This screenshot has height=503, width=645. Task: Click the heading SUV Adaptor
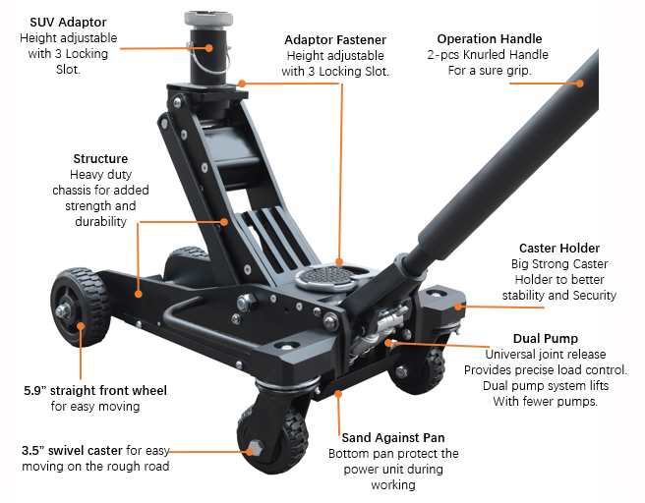pos(68,23)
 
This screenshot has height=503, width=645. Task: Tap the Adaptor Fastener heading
pos(335,40)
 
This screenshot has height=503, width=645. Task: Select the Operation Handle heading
pos(490,39)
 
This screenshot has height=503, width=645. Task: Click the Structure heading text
pos(100,158)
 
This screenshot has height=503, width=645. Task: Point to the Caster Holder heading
pos(559,249)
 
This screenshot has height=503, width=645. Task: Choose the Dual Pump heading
pos(546,339)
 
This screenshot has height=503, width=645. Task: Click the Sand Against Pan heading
pos(393,437)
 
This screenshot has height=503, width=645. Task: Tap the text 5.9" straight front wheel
pos(95,390)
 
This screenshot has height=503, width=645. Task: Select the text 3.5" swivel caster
pos(72,451)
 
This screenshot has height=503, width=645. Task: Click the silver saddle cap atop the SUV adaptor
pos(208,19)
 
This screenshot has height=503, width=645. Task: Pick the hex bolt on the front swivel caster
pos(255,448)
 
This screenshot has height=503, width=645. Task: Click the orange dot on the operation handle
pos(579,84)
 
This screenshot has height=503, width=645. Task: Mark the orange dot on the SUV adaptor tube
pos(209,48)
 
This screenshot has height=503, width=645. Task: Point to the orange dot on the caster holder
pos(458,307)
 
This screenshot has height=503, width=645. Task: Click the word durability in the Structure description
pos(100,221)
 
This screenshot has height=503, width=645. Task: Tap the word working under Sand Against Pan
pos(393,485)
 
